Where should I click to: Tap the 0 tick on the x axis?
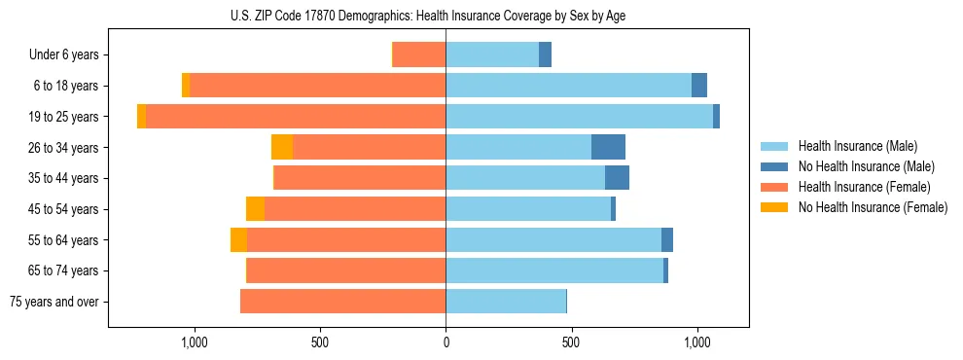click(x=446, y=342)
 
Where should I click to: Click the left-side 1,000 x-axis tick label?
click(x=194, y=342)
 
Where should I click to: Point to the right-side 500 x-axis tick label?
click(x=571, y=342)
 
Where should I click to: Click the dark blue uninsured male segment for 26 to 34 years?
click(x=608, y=147)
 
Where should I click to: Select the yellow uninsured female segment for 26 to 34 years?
click(x=282, y=147)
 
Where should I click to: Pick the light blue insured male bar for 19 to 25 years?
click(x=579, y=117)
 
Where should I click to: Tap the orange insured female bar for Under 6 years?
click(x=419, y=55)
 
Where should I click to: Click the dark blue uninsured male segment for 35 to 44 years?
click(x=617, y=178)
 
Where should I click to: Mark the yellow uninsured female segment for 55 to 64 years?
click(x=238, y=239)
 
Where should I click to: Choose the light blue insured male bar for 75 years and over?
click(x=506, y=302)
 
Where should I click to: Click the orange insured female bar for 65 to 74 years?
click(x=346, y=270)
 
